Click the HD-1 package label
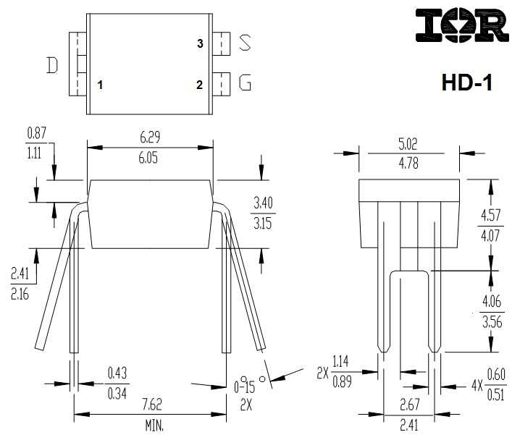(466, 82)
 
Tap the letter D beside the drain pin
(52, 66)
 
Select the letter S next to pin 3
(246, 43)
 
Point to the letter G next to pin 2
(246, 84)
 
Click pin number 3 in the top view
(200, 44)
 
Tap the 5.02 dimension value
(410, 144)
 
